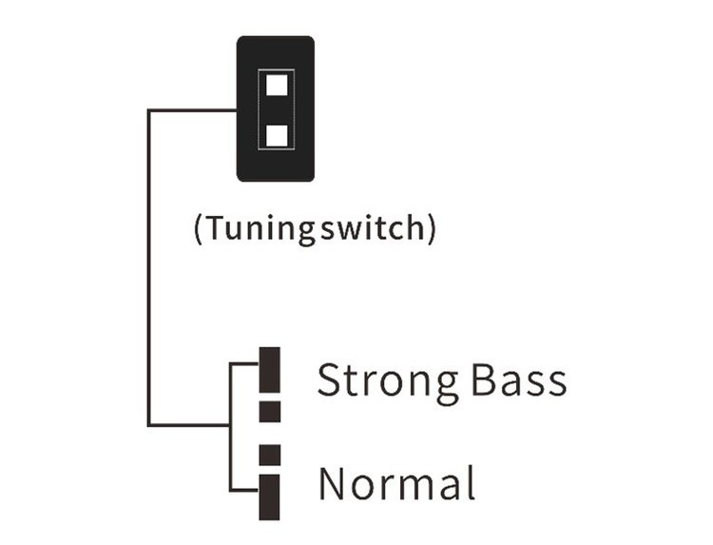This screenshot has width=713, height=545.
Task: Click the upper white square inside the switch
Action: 277,85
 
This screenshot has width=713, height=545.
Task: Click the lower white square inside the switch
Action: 277,136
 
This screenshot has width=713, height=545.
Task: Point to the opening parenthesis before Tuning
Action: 198,228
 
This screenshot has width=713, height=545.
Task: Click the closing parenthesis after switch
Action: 432,228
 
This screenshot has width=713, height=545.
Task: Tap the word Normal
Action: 397,482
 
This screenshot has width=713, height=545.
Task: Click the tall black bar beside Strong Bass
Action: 270,370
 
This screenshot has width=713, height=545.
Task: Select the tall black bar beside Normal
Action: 270,496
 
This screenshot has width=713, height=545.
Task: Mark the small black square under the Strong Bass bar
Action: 270,412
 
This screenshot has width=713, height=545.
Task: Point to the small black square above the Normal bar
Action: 270,456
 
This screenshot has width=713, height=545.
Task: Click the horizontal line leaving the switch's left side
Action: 192,110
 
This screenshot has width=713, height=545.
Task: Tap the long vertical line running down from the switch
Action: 148,268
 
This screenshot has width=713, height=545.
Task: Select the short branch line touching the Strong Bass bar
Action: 244,363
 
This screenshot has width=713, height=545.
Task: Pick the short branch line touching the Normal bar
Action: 244,490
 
